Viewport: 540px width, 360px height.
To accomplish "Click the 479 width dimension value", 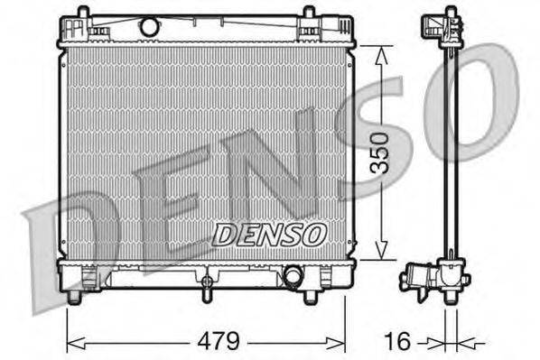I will [x=219, y=341].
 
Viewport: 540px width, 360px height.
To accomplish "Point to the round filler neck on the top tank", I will [x=149, y=27].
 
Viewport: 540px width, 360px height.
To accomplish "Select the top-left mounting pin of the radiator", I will [x=83, y=13].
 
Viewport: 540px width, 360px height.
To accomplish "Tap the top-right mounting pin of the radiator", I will [x=309, y=13].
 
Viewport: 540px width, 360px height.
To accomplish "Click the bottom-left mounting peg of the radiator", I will [x=83, y=296].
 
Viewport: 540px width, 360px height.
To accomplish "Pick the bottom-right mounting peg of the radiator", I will [x=310, y=296].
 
